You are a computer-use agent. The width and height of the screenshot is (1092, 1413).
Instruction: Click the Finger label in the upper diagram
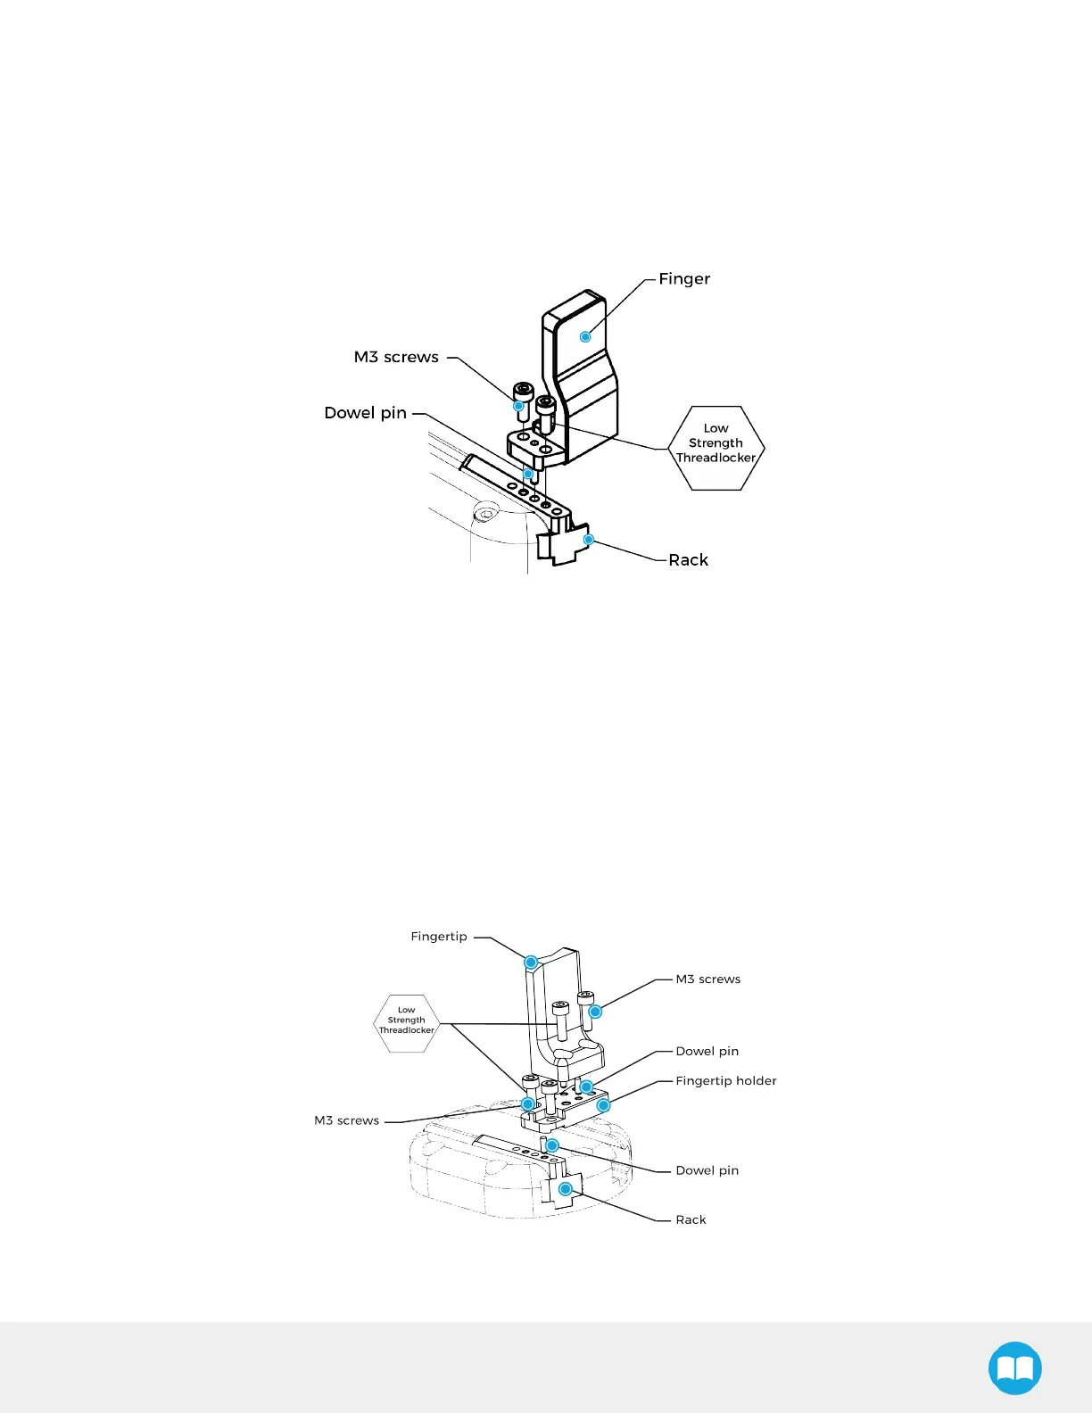(684, 279)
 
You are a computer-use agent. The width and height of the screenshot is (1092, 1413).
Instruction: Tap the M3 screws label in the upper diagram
(396, 358)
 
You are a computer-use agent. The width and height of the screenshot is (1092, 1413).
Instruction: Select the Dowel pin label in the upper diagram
(365, 413)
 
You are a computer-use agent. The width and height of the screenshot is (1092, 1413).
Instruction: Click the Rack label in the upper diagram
(688, 560)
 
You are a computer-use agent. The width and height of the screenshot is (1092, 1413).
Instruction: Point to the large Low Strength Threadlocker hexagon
(716, 448)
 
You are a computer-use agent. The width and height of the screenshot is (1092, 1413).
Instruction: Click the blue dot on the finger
(585, 336)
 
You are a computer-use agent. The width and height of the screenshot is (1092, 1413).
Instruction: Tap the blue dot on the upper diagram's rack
(589, 540)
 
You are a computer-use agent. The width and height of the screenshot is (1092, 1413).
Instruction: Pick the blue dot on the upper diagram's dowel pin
(528, 474)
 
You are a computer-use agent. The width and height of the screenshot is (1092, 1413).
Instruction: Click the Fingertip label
(439, 937)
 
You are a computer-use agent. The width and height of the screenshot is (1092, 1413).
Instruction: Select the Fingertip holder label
(725, 1081)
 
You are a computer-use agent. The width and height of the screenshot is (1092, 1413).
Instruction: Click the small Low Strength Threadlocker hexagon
(407, 1023)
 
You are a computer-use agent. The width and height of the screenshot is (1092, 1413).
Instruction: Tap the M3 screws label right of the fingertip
(707, 979)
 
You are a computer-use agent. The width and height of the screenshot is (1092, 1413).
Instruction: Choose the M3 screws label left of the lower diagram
(346, 1121)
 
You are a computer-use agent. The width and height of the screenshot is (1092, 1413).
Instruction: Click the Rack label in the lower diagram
(691, 1220)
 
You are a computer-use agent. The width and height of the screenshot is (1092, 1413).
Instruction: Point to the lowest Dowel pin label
(707, 1171)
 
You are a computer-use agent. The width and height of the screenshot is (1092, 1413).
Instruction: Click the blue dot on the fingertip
(531, 962)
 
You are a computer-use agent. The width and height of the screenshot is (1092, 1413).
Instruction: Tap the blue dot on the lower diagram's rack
(566, 1189)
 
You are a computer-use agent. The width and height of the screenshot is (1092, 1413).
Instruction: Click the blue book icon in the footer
(1015, 1368)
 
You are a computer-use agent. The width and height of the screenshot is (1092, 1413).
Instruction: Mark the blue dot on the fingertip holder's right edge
(603, 1105)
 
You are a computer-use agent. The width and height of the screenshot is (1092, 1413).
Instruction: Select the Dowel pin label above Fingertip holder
(707, 1052)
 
